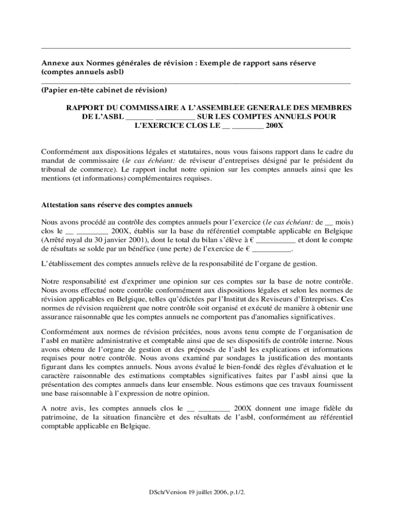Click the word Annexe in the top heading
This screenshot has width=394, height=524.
[53, 63]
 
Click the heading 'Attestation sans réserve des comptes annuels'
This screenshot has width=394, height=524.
[116, 205]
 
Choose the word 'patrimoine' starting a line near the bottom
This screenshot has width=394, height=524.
[59, 417]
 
